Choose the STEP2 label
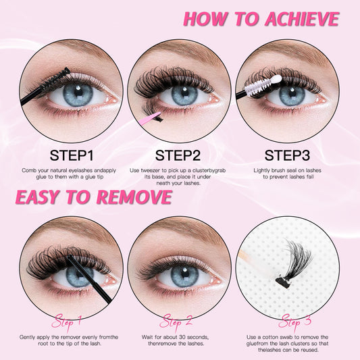[x=180, y=154]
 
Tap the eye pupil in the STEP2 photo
[x=184, y=95]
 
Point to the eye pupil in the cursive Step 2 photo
[x=183, y=276]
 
